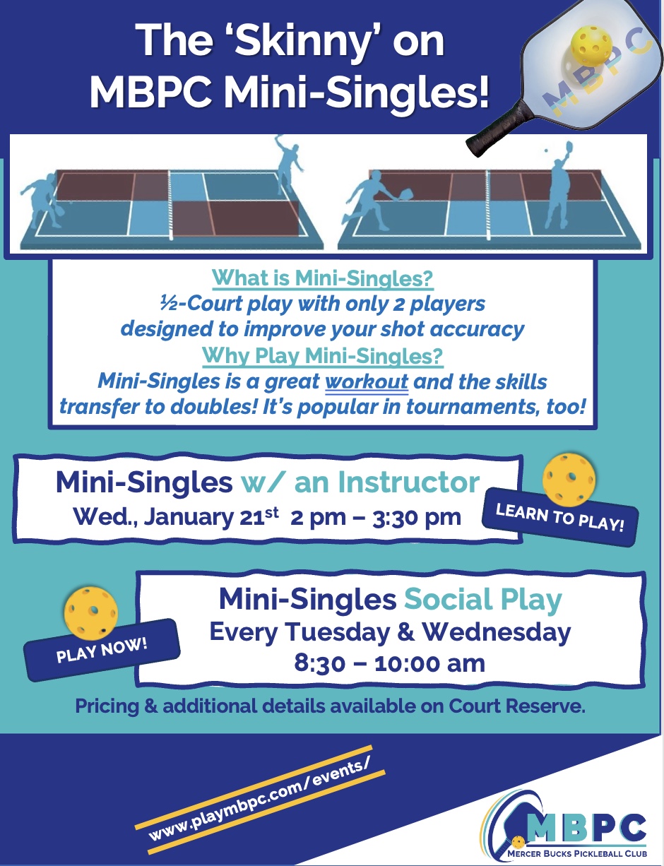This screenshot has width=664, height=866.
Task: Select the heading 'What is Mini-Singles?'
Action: (x=322, y=278)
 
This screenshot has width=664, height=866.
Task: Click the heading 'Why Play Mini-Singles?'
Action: (x=322, y=355)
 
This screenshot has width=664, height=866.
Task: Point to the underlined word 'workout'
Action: (x=367, y=381)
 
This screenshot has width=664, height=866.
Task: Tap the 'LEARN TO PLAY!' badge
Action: (x=559, y=517)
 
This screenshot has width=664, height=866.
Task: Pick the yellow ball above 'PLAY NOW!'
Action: (x=91, y=611)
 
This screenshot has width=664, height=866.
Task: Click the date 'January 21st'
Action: (x=211, y=518)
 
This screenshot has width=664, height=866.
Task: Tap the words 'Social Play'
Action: (x=483, y=600)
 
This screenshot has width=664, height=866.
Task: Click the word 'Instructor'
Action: (x=409, y=482)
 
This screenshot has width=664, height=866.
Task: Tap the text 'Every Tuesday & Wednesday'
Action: (x=390, y=632)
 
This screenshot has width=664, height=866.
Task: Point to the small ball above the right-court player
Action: (x=546, y=151)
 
